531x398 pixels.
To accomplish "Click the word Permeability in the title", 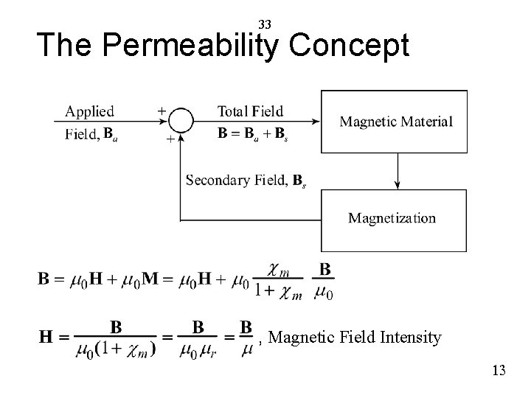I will (192, 46).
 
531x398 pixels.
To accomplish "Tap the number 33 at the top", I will (265, 24).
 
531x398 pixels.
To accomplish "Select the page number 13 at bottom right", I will (499, 370).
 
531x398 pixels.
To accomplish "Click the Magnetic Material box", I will (396, 122).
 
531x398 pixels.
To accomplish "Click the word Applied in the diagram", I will (90, 111).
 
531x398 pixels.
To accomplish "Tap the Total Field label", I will (250, 111).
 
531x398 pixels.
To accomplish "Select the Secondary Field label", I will (246, 179).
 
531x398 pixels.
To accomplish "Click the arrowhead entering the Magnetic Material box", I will (316, 122).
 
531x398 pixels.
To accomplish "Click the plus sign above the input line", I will (162, 111).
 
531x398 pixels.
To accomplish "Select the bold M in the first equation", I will (150, 280).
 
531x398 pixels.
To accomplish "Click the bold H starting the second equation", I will (46, 337).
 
